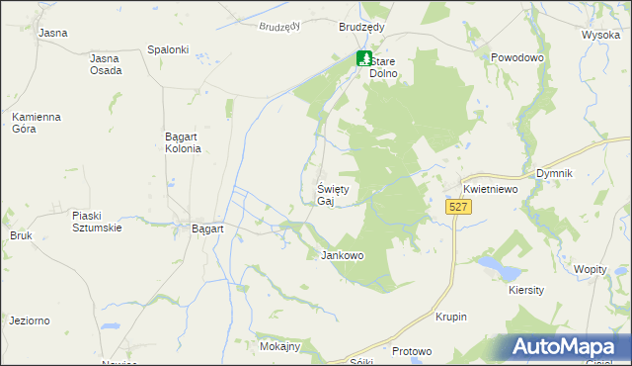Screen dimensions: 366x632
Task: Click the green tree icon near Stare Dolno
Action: tap(364, 58)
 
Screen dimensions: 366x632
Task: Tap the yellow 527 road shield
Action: tap(456, 207)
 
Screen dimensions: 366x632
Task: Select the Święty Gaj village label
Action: tap(333, 195)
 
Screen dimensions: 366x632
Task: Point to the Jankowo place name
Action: tap(343, 255)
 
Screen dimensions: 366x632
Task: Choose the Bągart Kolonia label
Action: tap(183, 142)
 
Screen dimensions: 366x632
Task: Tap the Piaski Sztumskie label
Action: tap(97, 222)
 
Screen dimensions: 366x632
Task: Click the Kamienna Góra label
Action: tap(37, 124)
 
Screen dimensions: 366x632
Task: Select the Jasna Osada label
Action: tap(106, 64)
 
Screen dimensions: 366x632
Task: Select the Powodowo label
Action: tap(517, 58)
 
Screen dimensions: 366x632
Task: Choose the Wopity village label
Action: tap(590, 269)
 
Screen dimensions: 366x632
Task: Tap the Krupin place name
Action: tap(450, 317)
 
